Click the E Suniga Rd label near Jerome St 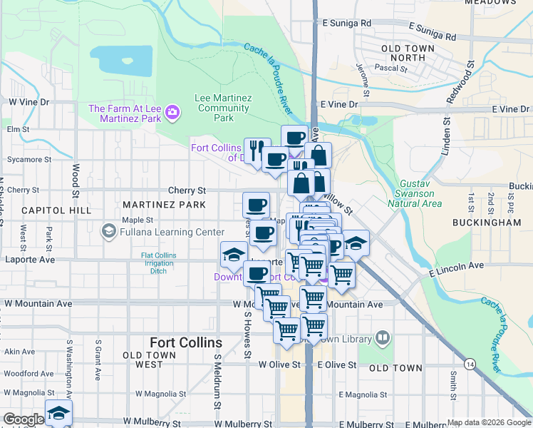pyautogui.click(x=347, y=23)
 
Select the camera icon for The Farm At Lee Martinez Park pyautogui.click(x=172, y=112)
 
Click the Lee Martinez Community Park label pyautogui.click(x=223, y=108)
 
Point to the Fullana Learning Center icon pyautogui.click(x=108, y=231)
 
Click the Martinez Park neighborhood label pyautogui.click(x=164, y=205)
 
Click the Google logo pyautogui.click(x=23, y=419)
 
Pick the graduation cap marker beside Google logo pyautogui.click(x=58, y=413)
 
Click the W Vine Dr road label pyautogui.click(x=29, y=102)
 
